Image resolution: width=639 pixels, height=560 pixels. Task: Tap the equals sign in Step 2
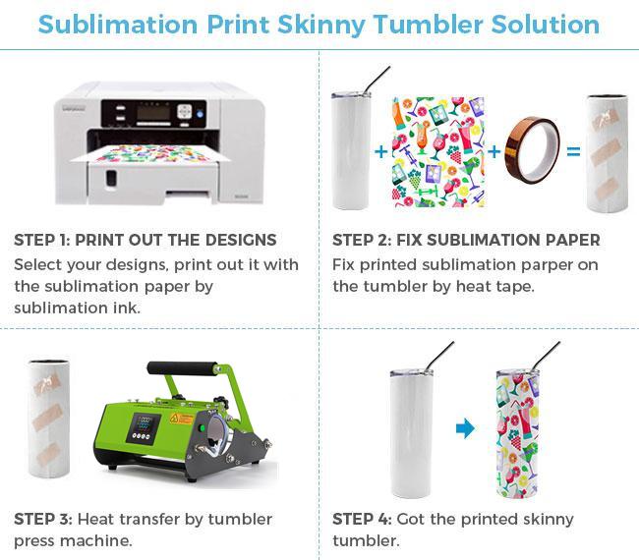click(x=573, y=151)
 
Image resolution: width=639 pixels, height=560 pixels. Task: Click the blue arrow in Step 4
click(x=465, y=428)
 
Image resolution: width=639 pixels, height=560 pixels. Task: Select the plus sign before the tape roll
click(x=494, y=151)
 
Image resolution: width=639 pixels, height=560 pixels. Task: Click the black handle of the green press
click(x=181, y=368)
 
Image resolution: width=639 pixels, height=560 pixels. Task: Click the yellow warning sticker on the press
click(x=181, y=419)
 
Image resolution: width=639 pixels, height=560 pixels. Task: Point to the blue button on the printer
click(x=200, y=114)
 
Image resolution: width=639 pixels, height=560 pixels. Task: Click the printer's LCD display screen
click(x=153, y=113)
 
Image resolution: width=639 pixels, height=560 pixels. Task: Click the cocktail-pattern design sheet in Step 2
click(x=438, y=152)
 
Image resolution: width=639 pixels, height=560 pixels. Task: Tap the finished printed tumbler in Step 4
click(x=517, y=433)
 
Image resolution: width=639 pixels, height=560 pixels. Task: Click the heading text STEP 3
click(x=43, y=520)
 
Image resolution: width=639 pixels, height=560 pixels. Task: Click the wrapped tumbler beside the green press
click(x=49, y=419)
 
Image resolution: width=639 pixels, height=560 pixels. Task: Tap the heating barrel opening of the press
click(x=217, y=435)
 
